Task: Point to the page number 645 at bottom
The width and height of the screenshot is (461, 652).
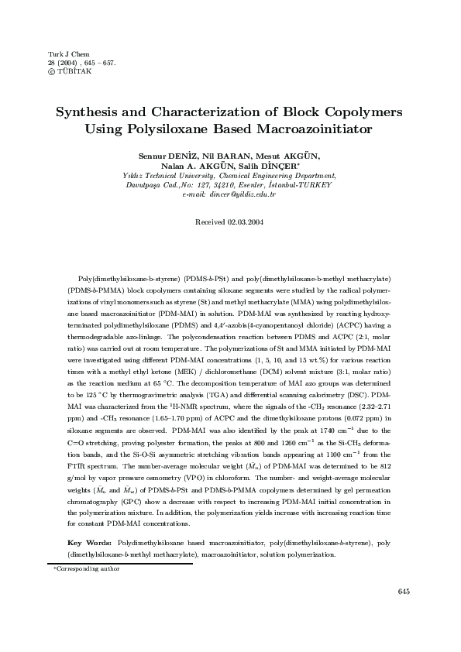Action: pyautogui.click(x=403, y=591)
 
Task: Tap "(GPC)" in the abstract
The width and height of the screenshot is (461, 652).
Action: pyautogui.click(x=126, y=501)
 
